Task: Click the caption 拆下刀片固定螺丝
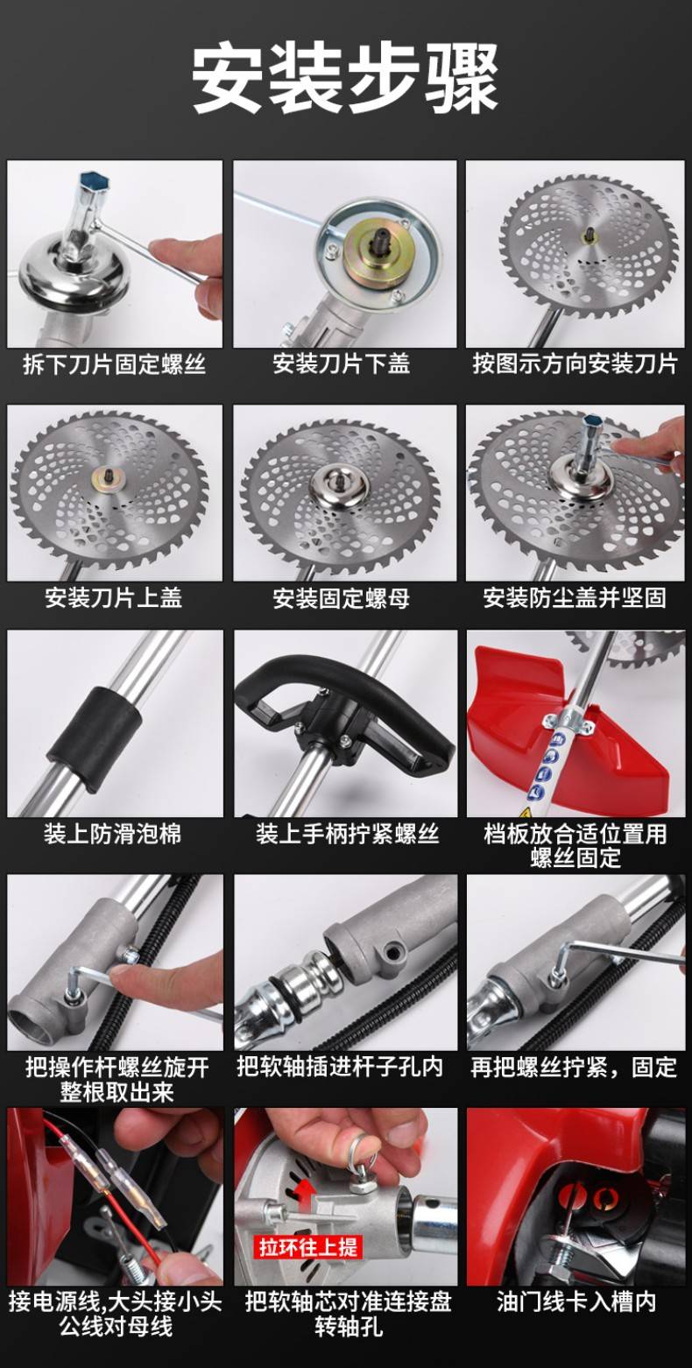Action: click(115, 364)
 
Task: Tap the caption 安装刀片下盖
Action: click(342, 364)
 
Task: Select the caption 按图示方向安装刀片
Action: click(575, 364)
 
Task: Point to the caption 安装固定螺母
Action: click(342, 598)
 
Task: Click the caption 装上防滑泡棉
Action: click(112, 835)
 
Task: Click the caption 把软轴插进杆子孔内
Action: click(340, 1067)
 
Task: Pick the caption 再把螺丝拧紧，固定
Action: click(574, 1067)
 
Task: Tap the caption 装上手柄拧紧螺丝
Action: click(348, 835)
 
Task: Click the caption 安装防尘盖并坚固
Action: click(575, 598)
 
